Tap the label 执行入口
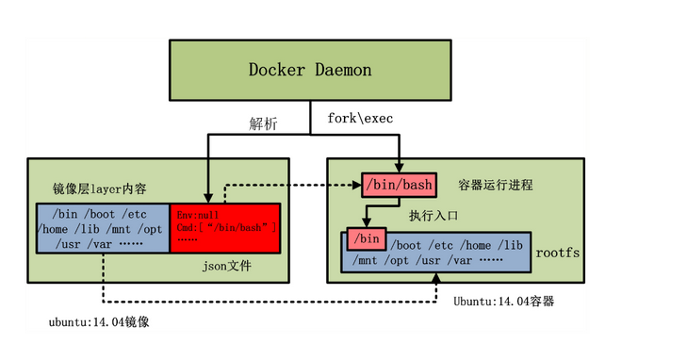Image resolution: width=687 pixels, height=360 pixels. coord(433,216)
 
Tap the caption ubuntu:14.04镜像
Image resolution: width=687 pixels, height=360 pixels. coord(100,322)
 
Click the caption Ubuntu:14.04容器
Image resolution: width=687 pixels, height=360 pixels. coord(503,302)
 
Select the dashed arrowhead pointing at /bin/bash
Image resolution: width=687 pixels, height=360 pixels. coord(357,184)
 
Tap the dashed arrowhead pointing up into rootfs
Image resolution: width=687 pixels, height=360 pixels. coord(435,279)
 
